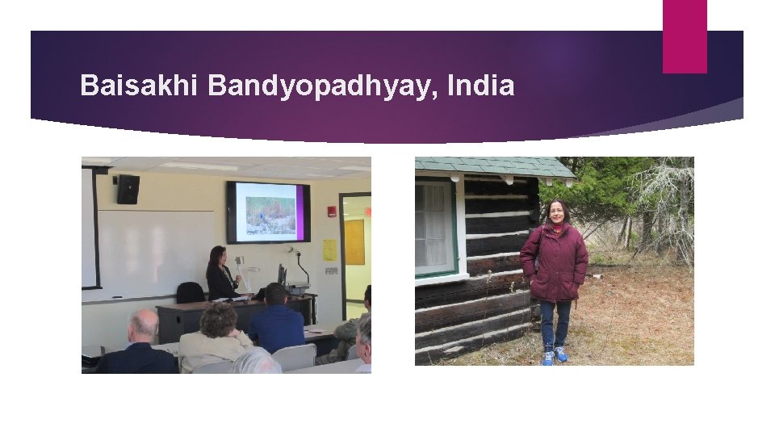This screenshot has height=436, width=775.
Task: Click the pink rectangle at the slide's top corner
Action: tap(685, 36)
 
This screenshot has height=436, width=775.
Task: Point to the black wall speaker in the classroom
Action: tap(128, 189)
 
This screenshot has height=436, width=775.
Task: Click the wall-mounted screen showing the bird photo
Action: tap(268, 212)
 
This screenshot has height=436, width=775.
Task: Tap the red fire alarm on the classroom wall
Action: tap(331, 212)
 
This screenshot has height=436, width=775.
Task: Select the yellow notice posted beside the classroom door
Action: tap(329, 250)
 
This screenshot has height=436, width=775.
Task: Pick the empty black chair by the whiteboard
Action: tap(191, 291)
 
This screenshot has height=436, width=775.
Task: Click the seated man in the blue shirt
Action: tap(276, 319)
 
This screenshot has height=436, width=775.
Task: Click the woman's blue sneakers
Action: tap(554, 355)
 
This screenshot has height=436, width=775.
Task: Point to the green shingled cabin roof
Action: tap(492, 166)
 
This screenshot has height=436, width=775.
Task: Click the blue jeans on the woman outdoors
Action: tap(555, 323)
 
